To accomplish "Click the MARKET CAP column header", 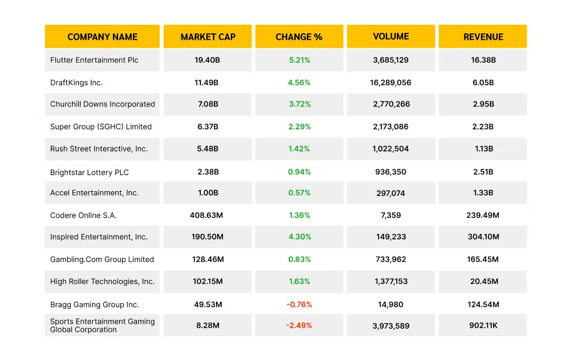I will coord(207,37).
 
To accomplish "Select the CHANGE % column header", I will coord(299,37).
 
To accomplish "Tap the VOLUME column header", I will coord(391,36).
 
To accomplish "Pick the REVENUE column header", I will coord(483,37).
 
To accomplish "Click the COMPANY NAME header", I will coord(102,37).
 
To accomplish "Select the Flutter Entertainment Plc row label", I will coord(94,60).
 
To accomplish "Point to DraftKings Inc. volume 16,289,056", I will coord(391,82).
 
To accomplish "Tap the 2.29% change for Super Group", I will coord(299,127).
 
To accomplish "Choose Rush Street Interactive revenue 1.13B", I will coord(483,149).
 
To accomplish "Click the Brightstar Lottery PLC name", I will coord(89,172).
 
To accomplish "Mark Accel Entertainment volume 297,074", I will coord(391,194).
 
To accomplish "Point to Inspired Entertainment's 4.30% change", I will coord(299,237).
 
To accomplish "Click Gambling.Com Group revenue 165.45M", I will coord(483,260).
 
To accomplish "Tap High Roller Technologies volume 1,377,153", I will coord(391,282).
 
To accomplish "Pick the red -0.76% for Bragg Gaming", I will coord(299,305).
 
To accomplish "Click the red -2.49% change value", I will coord(299,325).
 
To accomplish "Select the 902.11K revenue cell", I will coord(483,325).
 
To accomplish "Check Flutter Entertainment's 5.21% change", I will coord(299,60).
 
